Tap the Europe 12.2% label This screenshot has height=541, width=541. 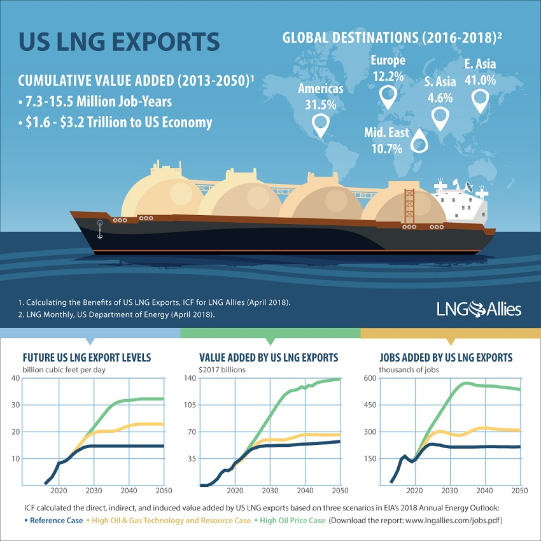pos(388,68)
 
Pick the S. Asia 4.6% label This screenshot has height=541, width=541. pos(439,90)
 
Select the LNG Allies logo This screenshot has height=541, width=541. pos(479,309)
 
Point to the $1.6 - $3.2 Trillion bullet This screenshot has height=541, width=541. pos(115,122)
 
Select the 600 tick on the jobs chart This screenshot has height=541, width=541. pos(370,379)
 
